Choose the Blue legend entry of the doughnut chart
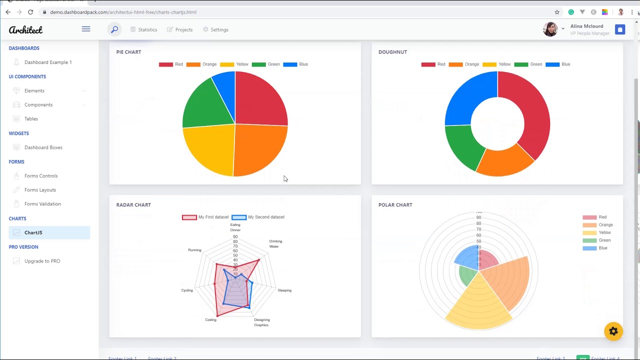click(x=558, y=64)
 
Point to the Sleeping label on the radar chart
click(x=284, y=290)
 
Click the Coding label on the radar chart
click(x=210, y=320)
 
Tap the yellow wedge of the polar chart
click(x=477, y=305)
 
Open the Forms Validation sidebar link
click(x=42, y=204)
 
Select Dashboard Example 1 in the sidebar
click(x=48, y=62)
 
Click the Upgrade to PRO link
click(x=42, y=261)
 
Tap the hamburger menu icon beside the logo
click(x=86, y=29)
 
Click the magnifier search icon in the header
click(x=114, y=29)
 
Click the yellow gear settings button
click(x=613, y=331)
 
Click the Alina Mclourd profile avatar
click(x=550, y=29)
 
